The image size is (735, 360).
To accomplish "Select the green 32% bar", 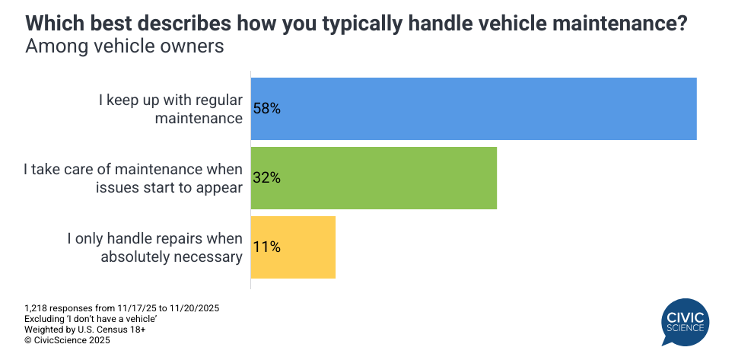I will [x=374, y=178].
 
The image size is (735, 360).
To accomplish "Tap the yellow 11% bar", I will [x=293, y=247].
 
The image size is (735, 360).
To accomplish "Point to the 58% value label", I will [x=267, y=109].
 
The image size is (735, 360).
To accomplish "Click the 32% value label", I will [x=267, y=178].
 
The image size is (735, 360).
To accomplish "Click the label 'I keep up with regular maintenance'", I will [x=170, y=109].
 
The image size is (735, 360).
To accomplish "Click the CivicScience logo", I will [x=684, y=322].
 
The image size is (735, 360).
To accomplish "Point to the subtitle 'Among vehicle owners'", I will [x=125, y=46].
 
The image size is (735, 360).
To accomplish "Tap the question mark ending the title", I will [x=682, y=24].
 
